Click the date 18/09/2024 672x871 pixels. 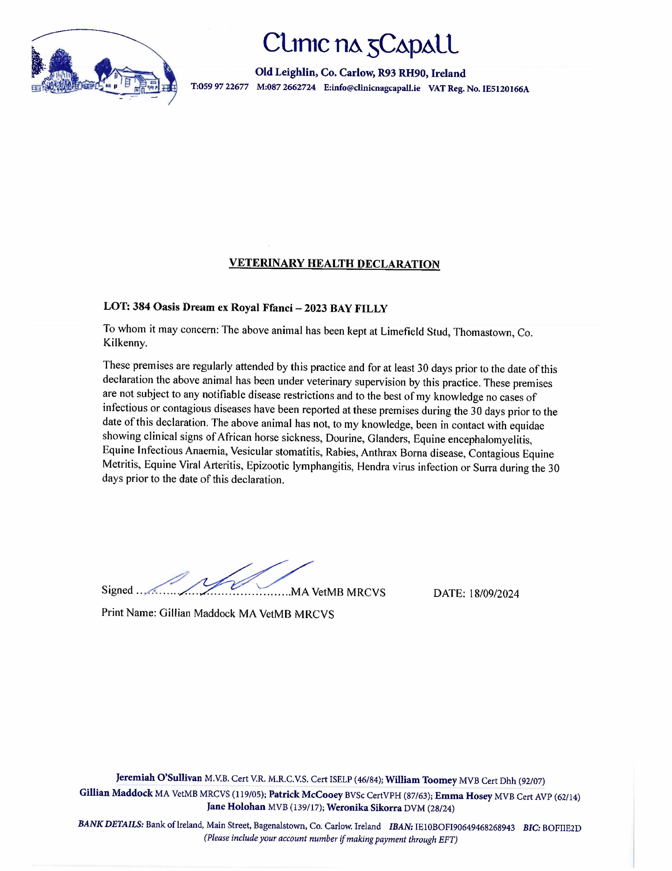[494, 593]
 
